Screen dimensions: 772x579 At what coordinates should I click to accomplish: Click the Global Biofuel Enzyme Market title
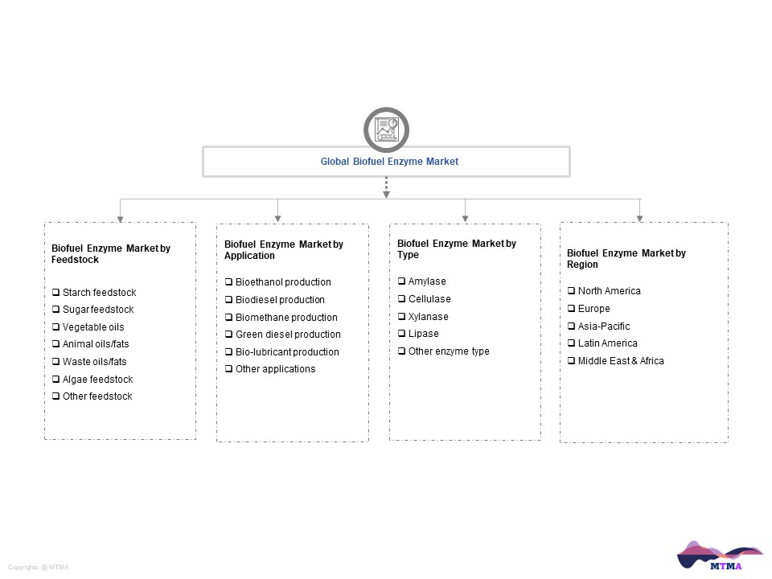coord(389,162)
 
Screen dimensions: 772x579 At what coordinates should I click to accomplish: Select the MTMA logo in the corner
coord(720,556)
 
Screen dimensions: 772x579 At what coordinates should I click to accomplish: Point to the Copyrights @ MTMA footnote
coord(39,567)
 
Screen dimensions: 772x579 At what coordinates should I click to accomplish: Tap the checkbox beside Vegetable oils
coord(55,327)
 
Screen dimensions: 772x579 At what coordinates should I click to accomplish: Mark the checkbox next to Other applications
coord(228,369)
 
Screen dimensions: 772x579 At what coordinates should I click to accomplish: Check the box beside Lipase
coord(401,333)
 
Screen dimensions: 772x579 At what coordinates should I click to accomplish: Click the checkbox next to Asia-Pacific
coord(571,326)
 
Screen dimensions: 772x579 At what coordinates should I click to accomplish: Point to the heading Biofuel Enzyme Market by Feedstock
coord(111,253)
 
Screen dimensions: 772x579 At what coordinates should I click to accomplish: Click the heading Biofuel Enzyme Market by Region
coord(626,258)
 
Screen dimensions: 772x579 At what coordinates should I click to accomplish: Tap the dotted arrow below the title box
coord(387,187)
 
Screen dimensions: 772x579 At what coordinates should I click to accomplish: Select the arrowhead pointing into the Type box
coord(466,219)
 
